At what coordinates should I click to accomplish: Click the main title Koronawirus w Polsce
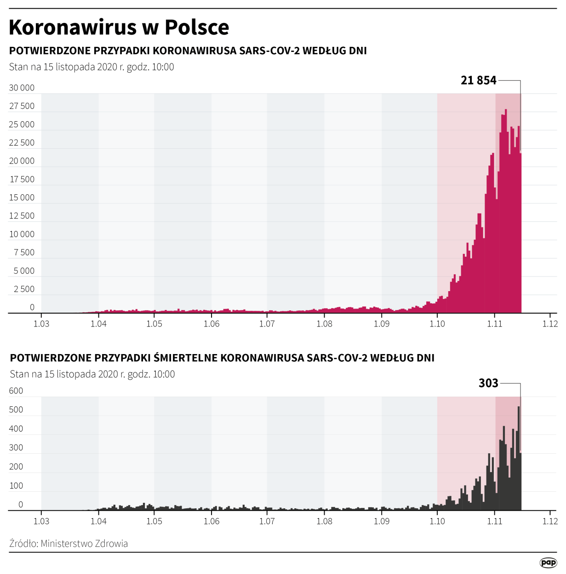(x=119, y=28)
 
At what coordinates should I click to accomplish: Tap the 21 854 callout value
(x=478, y=80)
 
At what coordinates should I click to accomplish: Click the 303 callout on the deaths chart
(x=488, y=383)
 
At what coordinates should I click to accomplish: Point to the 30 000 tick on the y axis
(x=22, y=88)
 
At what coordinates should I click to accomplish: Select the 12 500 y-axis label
(x=22, y=216)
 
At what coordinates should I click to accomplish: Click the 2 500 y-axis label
(x=24, y=289)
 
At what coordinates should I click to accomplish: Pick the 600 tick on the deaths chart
(x=16, y=391)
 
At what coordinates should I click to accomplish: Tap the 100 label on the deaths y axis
(x=16, y=485)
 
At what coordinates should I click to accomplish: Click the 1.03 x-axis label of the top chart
(x=41, y=324)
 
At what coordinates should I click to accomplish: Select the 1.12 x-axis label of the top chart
(x=550, y=324)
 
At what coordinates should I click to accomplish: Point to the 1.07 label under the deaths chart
(x=267, y=521)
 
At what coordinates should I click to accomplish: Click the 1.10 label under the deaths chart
(x=437, y=521)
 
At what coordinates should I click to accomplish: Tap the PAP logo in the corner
(x=548, y=563)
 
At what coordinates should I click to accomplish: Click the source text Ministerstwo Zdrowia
(x=84, y=544)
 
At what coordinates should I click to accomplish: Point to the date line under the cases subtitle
(x=91, y=67)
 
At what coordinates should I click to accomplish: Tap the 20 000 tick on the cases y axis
(x=22, y=161)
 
